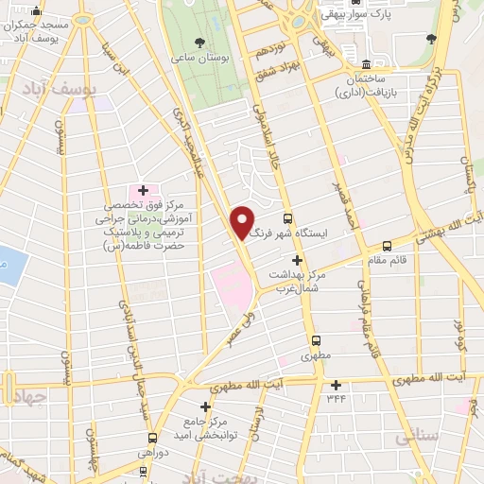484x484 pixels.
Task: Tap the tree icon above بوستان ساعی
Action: click(x=199, y=43)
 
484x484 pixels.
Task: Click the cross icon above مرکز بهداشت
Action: click(x=297, y=260)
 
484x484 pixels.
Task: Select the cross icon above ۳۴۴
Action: click(x=336, y=385)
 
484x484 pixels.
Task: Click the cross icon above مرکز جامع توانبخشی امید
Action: click(x=206, y=406)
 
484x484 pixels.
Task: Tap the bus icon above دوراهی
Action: click(x=155, y=440)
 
